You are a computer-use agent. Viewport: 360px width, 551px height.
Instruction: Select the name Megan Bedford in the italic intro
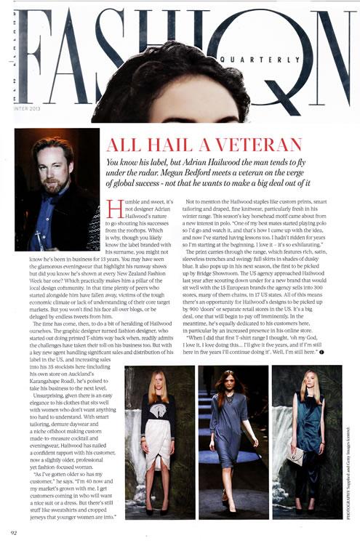[x=221, y=173]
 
